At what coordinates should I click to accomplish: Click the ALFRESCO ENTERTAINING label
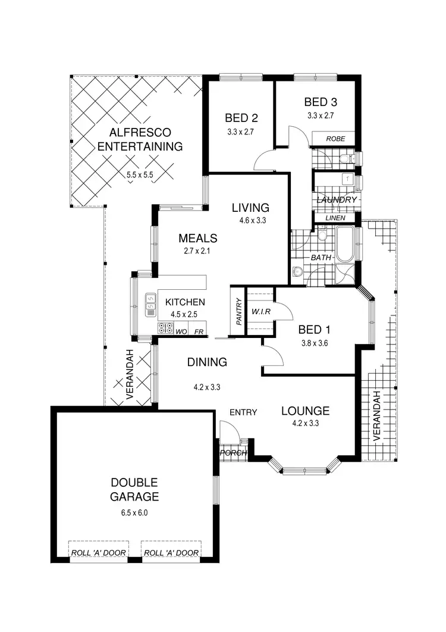click(x=140, y=139)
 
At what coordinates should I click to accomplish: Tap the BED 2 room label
click(x=241, y=117)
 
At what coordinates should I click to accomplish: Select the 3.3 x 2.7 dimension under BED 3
click(x=319, y=116)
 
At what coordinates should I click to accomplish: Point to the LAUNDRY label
click(x=337, y=200)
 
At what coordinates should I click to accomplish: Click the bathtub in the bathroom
click(x=346, y=245)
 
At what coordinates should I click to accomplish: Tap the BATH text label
click(x=321, y=258)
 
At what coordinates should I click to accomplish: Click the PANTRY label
click(x=238, y=311)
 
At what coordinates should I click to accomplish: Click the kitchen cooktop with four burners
click(x=165, y=328)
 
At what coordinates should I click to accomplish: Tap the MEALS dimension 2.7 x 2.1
click(x=197, y=251)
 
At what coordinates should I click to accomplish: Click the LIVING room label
click(x=250, y=208)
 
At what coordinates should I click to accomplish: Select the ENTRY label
click(x=243, y=412)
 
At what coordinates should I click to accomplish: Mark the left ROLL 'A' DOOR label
click(x=99, y=553)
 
